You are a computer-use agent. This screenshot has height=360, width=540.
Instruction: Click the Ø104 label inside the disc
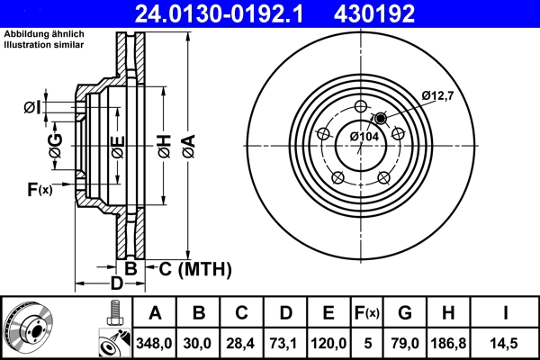364,136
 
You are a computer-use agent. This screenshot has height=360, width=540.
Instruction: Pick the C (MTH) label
190,268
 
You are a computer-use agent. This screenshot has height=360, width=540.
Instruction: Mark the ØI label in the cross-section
33,108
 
